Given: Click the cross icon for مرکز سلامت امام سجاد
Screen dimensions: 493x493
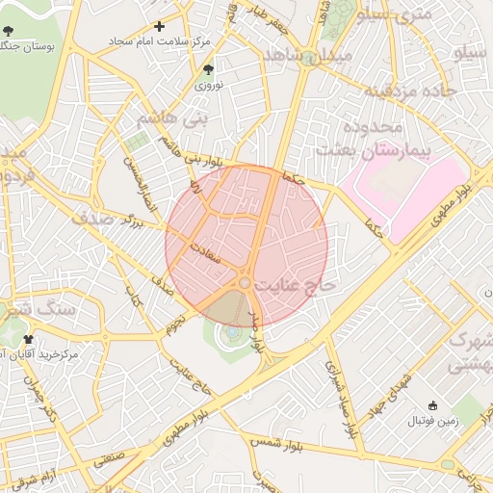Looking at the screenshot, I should (x=160, y=26).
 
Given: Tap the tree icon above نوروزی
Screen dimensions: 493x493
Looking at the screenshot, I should (x=209, y=69).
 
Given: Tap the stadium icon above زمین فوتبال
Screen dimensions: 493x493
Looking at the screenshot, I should (x=431, y=405).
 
